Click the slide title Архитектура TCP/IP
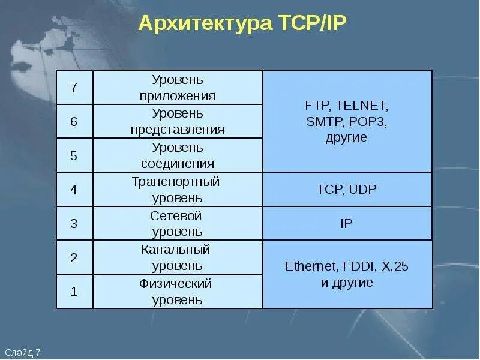[x=242, y=23]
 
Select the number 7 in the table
[x=74, y=88]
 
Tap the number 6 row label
[x=74, y=122]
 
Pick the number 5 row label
[x=74, y=156]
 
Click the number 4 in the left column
[x=74, y=190]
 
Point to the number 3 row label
[x=74, y=224]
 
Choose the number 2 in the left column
[x=74, y=258]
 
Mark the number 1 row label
[x=74, y=292]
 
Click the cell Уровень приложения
[x=178, y=88]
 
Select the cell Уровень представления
[x=178, y=122]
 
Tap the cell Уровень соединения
[x=178, y=156]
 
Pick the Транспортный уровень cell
[x=178, y=190]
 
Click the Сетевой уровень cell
[x=178, y=224]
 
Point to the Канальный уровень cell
[x=178, y=258]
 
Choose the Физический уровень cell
[x=178, y=292]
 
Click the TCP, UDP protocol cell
[x=347, y=190]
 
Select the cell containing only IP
[x=347, y=224]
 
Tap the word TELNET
[x=362, y=105]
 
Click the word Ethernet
[x=311, y=266]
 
